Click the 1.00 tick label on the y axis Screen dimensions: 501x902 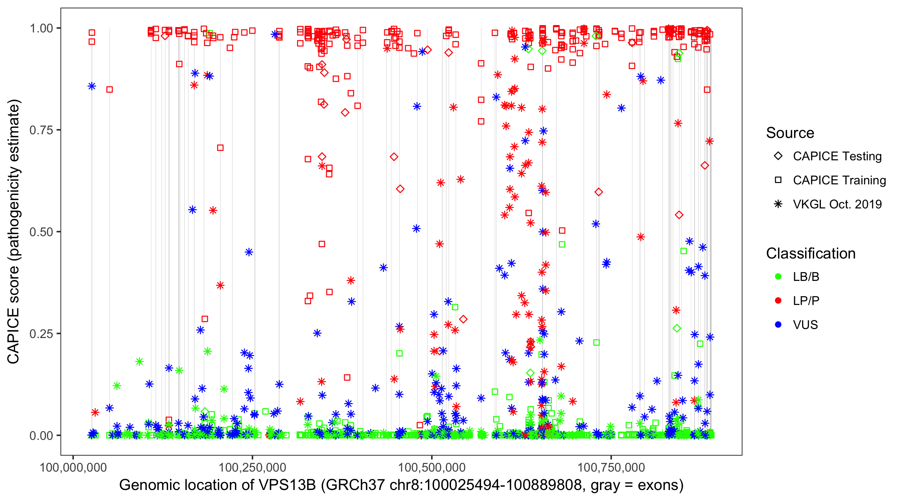(41, 28)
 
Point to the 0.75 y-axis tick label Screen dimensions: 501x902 (41, 130)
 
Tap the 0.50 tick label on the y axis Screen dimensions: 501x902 (41, 232)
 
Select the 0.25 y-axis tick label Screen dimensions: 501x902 (41, 334)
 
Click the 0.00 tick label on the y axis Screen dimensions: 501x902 (41, 436)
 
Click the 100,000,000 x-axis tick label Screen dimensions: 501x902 (73, 467)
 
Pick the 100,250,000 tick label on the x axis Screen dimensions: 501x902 (253, 467)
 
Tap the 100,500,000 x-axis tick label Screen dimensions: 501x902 (432, 467)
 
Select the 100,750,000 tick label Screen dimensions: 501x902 (611, 467)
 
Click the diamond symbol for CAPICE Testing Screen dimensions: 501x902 (778, 156)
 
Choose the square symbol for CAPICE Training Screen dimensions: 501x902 (778, 180)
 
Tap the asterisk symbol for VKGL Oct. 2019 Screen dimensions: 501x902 (778, 204)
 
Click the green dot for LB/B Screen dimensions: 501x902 (778, 277)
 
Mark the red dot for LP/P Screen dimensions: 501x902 (778, 301)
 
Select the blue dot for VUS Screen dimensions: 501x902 (778, 325)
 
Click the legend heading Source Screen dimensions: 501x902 (790, 133)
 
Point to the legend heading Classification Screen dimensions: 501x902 (810, 254)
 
